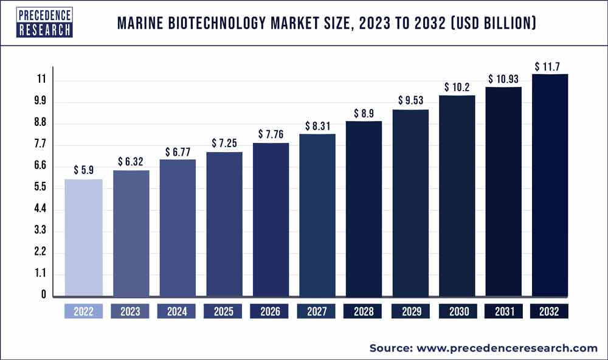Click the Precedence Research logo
coord(44,22)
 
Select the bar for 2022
coord(84,237)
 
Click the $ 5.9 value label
coord(84,170)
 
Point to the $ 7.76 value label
coord(271,134)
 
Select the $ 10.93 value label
coord(503,79)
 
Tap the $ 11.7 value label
coord(550,65)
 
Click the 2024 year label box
coord(177,311)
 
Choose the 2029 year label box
coord(410,311)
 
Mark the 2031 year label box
coord(503,311)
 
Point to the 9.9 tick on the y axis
coord(40,101)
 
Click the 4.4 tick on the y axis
coord(40,209)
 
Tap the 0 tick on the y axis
coord(43,295)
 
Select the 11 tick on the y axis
coord(41,80)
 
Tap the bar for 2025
coord(224,224)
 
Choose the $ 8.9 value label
coord(364,113)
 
